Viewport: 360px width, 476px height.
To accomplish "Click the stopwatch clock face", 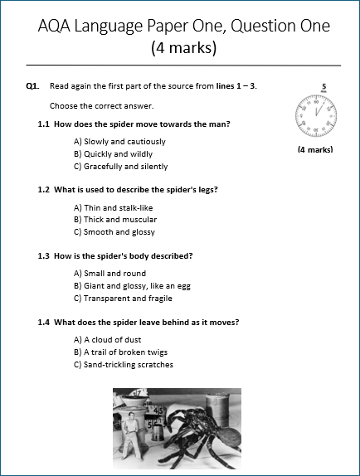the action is [x=316, y=115].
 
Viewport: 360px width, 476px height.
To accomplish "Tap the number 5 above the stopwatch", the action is [x=324, y=87].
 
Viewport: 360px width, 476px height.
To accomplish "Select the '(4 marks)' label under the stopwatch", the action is [x=315, y=149].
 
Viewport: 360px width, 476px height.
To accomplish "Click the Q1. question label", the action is [x=32, y=86].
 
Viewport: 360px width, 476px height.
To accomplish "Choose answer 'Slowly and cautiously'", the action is [x=119, y=142].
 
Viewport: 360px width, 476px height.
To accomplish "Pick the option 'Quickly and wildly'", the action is [x=113, y=154].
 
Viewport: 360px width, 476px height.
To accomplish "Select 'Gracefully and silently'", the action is [x=120, y=167].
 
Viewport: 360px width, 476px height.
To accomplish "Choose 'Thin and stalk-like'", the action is [x=113, y=208].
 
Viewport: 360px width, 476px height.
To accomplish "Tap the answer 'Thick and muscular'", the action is [x=115, y=220].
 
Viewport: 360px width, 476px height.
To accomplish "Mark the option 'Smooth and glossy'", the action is [x=114, y=232].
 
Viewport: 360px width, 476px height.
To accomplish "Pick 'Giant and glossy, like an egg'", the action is [x=132, y=286].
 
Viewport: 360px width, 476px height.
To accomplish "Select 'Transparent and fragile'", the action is [x=123, y=299].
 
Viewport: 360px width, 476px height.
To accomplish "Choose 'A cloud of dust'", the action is [x=107, y=340].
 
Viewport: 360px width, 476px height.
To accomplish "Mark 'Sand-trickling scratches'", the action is [x=124, y=365].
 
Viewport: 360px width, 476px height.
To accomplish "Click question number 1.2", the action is [x=43, y=190].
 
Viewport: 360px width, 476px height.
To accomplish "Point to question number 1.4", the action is [x=43, y=323].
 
